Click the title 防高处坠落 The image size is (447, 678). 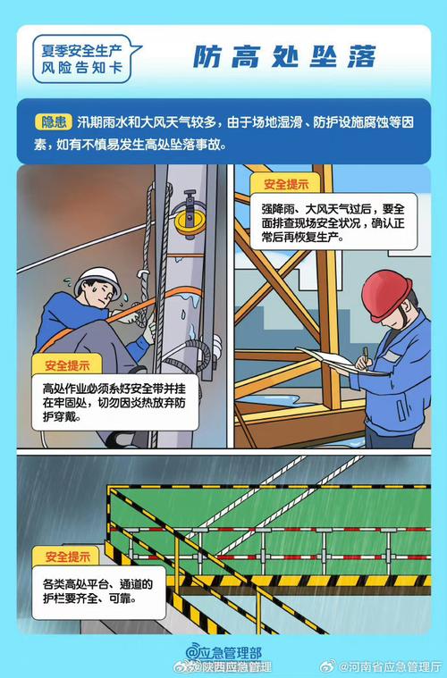[x=285, y=57]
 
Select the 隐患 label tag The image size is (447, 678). [x=54, y=121]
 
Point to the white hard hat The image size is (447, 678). [x=97, y=279]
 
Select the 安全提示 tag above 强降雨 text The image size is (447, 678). [x=285, y=184]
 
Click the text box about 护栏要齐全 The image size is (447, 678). [x=87, y=590]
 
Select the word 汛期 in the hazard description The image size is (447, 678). [x=90, y=121]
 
